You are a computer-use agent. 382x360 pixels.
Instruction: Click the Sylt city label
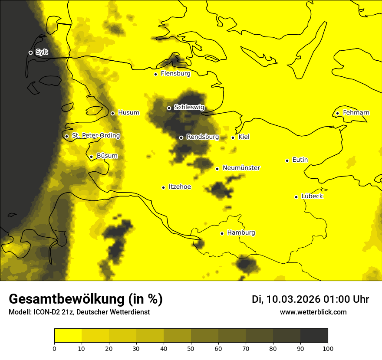tap(42, 52)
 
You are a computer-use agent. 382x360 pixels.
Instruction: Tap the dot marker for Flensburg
tap(155, 74)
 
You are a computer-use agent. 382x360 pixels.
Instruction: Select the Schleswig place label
tap(189, 108)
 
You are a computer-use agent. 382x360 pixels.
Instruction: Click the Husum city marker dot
tap(112, 113)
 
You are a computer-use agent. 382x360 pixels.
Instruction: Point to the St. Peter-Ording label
tap(95, 136)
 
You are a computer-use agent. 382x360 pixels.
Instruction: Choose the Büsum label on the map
tap(107, 156)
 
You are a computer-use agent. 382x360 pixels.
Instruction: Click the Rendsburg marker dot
tap(181, 137)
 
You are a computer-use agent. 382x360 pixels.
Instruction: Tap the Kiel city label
tap(244, 137)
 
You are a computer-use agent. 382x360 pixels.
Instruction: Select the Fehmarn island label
tap(356, 113)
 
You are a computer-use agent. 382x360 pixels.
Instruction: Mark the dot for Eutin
tap(287, 160)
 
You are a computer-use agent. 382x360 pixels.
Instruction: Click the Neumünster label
tap(241, 168)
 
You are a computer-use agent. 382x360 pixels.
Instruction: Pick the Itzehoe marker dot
tap(163, 187)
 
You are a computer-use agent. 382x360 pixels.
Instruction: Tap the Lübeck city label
tap(312, 196)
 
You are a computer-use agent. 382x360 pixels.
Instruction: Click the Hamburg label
tap(241, 233)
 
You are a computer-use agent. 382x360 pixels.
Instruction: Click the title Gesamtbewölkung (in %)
tap(86, 299)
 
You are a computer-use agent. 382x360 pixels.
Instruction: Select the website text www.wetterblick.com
tap(313, 312)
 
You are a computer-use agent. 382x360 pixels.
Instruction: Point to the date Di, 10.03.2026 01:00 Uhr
tap(310, 300)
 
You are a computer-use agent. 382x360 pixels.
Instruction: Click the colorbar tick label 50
tap(191, 348)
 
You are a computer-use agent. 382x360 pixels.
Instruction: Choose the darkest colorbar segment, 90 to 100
tap(314, 335)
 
